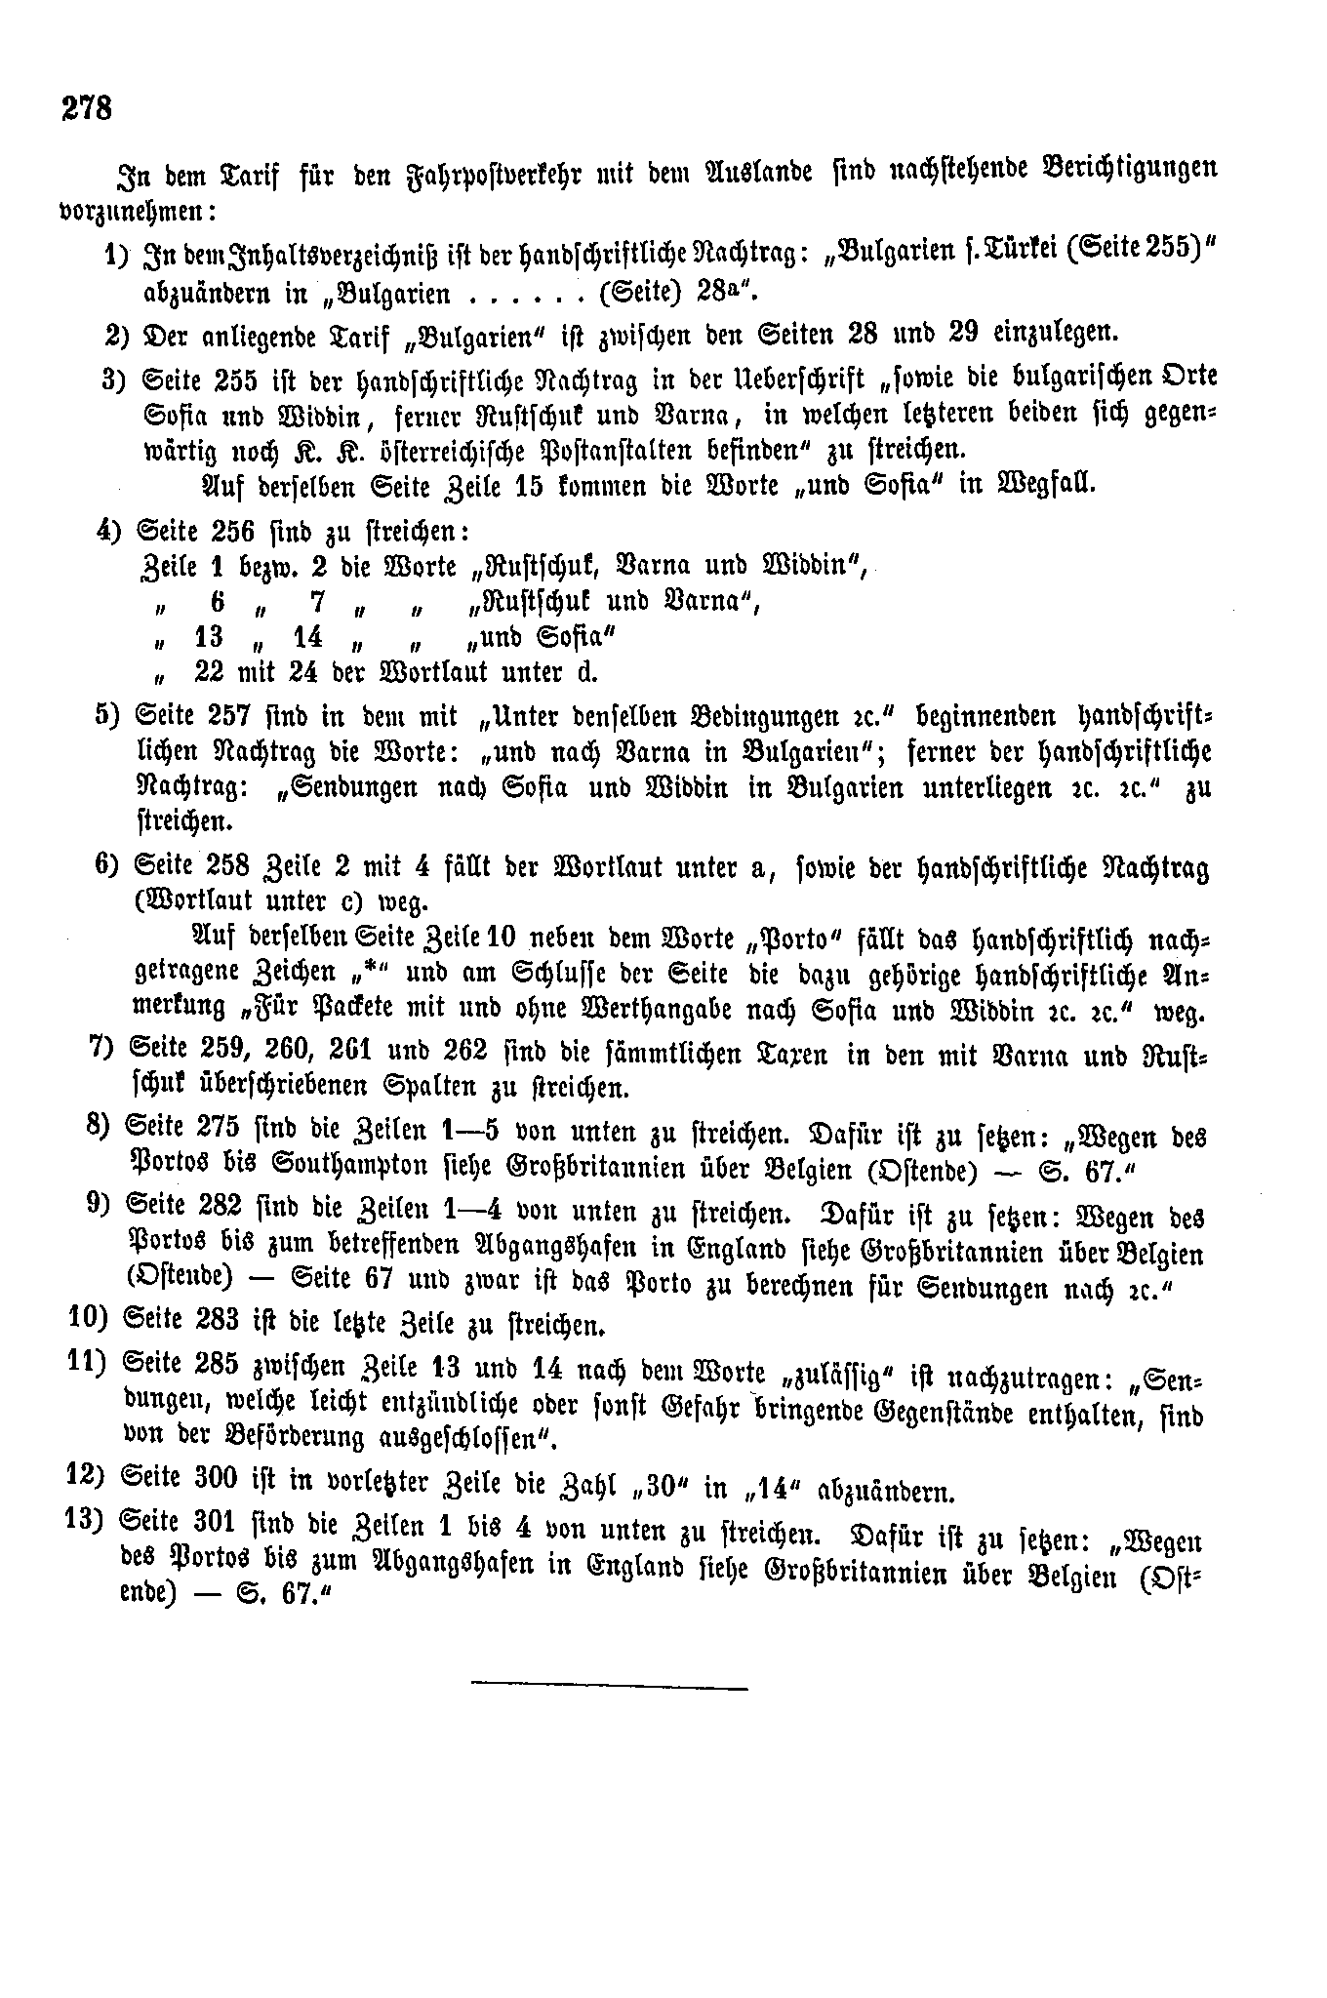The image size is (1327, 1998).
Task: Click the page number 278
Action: coord(87,106)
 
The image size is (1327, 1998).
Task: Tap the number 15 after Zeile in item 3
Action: coord(527,485)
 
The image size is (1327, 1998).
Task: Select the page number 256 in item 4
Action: coord(230,532)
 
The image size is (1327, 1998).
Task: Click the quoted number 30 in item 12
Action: coord(660,1490)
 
